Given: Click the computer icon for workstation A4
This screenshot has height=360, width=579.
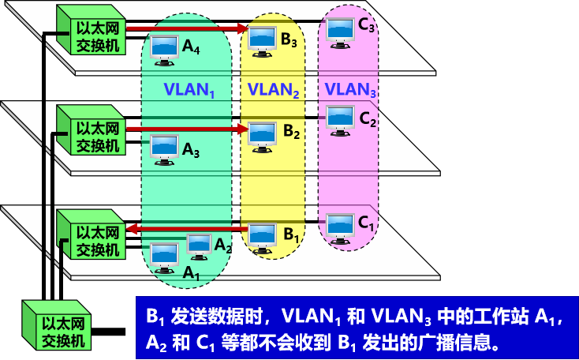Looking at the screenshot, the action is click(164, 49).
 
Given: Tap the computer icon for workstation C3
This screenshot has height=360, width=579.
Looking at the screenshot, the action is click(340, 28).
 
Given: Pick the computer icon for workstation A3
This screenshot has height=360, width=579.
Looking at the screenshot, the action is click(164, 147).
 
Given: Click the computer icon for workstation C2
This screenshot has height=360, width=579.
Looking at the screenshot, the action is click(341, 118).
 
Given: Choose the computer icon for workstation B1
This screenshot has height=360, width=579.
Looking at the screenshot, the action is click(263, 234).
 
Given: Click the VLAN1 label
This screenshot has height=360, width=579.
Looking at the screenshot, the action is click(189, 89).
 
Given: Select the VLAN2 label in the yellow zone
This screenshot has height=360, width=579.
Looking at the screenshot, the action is click(273, 89).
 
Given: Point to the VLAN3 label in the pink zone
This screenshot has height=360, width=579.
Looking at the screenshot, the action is click(350, 89).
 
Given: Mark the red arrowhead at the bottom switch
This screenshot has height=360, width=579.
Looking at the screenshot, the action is click(134, 230).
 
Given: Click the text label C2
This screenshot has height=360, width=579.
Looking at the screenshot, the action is click(368, 120).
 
